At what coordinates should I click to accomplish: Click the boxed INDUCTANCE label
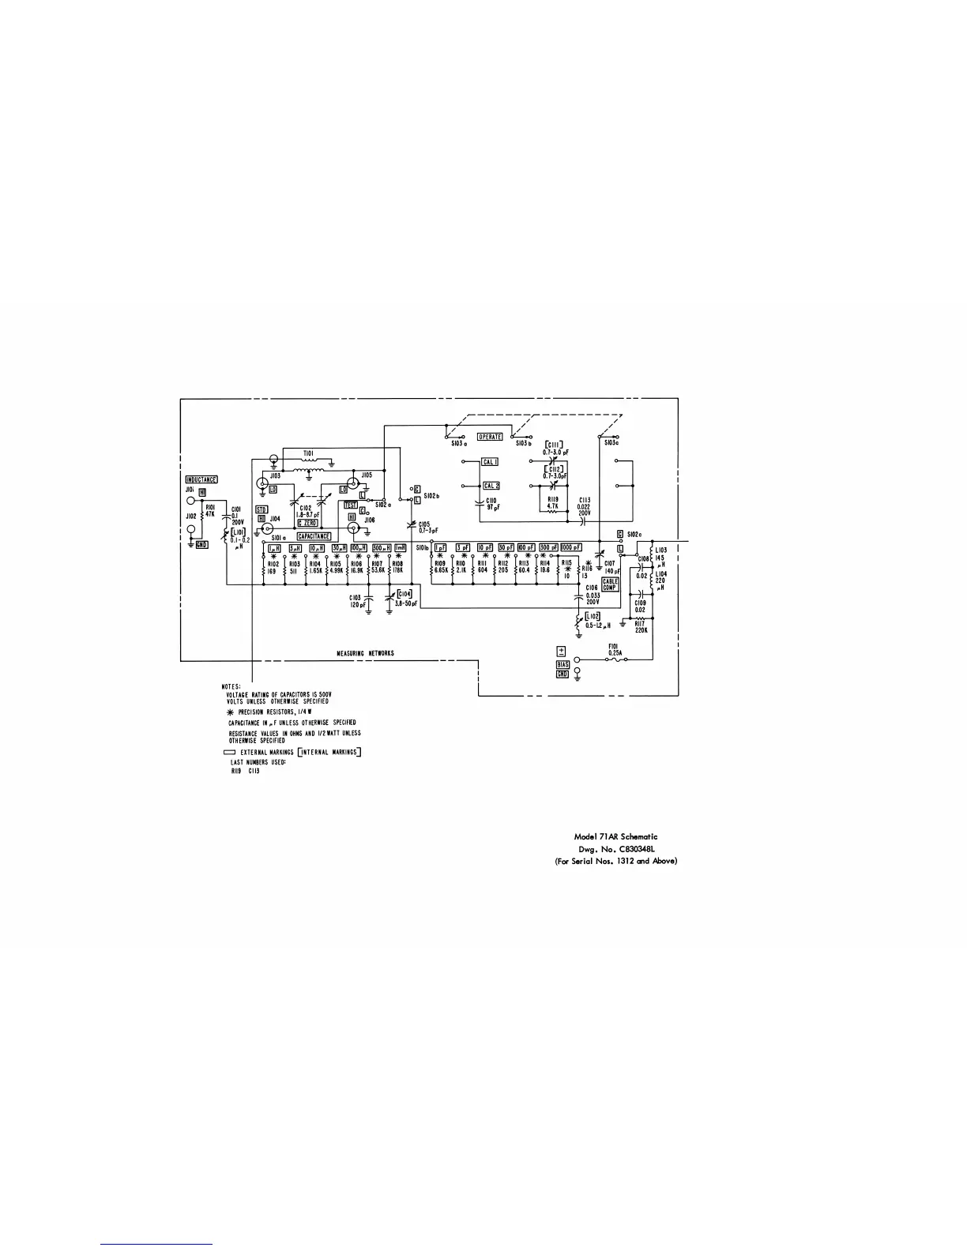[x=201, y=479]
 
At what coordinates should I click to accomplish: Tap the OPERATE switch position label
[x=490, y=437]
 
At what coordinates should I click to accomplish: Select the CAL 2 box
[x=491, y=486]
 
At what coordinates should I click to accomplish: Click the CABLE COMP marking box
[x=610, y=584]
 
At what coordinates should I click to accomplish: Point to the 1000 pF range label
[x=571, y=547]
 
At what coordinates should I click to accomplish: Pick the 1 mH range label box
[x=401, y=547]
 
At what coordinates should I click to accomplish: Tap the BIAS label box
[x=563, y=665]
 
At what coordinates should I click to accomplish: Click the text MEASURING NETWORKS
[x=365, y=653]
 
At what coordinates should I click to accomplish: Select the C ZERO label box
[x=308, y=524]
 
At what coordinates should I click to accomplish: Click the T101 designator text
[x=307, y=454]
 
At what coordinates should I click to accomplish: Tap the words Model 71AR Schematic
[x=615, y=836]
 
